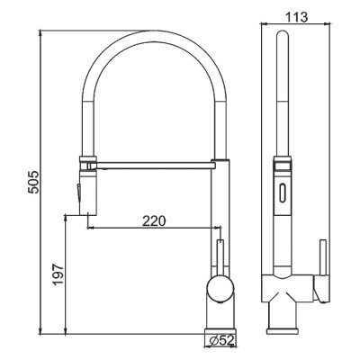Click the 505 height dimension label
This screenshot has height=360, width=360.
[33, 182]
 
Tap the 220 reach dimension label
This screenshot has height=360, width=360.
[154, 221]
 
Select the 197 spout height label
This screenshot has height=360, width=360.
[58, 274]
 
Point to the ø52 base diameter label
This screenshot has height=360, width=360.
[221, 340]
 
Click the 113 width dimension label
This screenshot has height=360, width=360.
[296, 17]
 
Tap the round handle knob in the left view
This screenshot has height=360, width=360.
[220, 290]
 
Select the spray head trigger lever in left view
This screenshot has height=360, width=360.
[78, 194]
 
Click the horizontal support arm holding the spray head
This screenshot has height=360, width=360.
[153, 165]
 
